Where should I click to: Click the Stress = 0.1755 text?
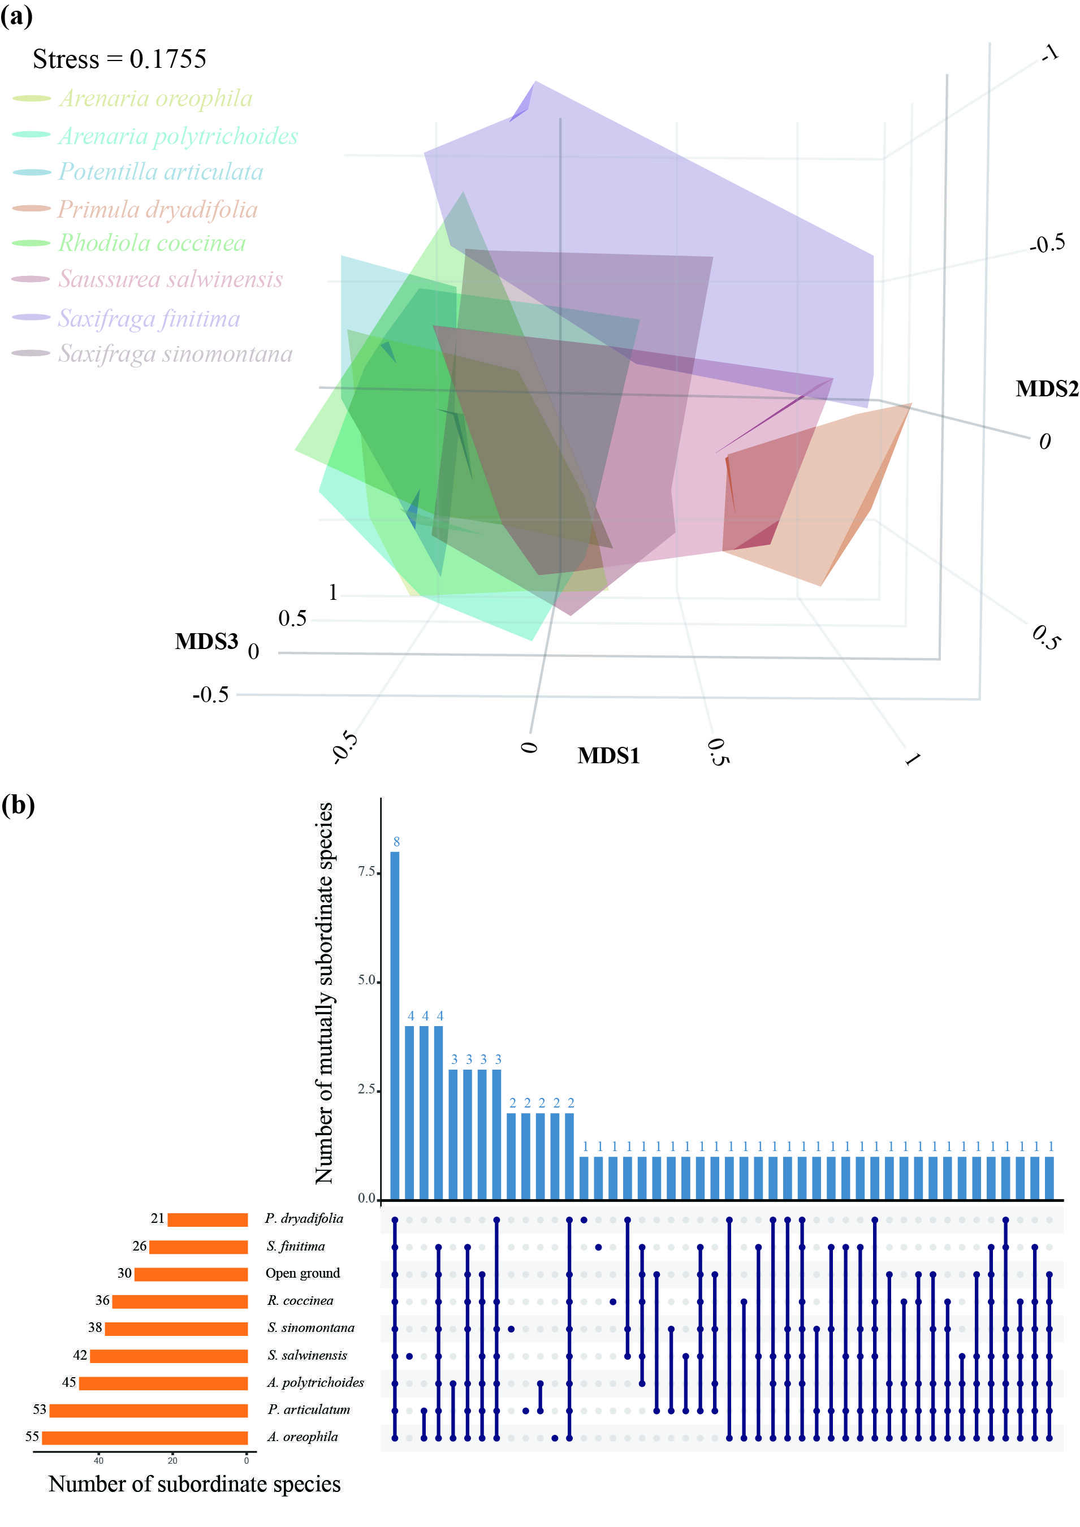(120, 59)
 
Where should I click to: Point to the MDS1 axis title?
(608, 755)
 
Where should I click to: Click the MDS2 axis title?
(1046, 388)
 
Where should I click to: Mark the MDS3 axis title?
(206, 641)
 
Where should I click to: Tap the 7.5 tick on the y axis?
(366, 871)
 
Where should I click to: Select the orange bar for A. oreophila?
(144, 1437)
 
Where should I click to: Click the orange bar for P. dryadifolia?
(208, 1219)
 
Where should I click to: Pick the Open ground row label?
(303, 1273)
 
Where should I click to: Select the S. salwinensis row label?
(307, 1355)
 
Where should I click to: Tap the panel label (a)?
(16, 16)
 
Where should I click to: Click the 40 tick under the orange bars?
(98, 1460)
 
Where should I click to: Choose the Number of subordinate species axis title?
(194, 1485)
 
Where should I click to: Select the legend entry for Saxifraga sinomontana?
(175, 353)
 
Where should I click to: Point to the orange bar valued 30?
(191, 1274)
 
